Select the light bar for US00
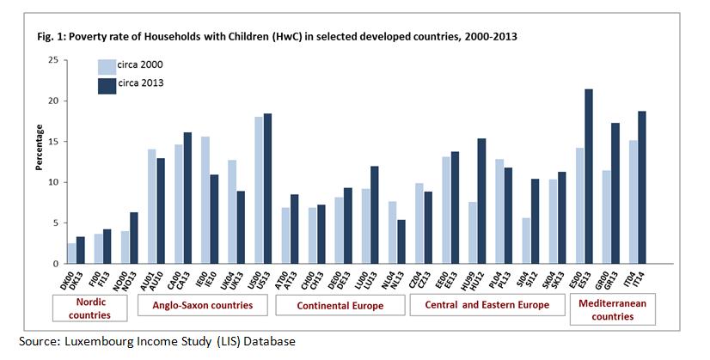pos(259,190)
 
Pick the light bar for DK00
pos(72,253)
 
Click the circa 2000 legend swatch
pos(106,66)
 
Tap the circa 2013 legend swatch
pos(106,84)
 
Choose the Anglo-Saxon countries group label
pos(200,305)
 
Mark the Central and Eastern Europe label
pos(487,305)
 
